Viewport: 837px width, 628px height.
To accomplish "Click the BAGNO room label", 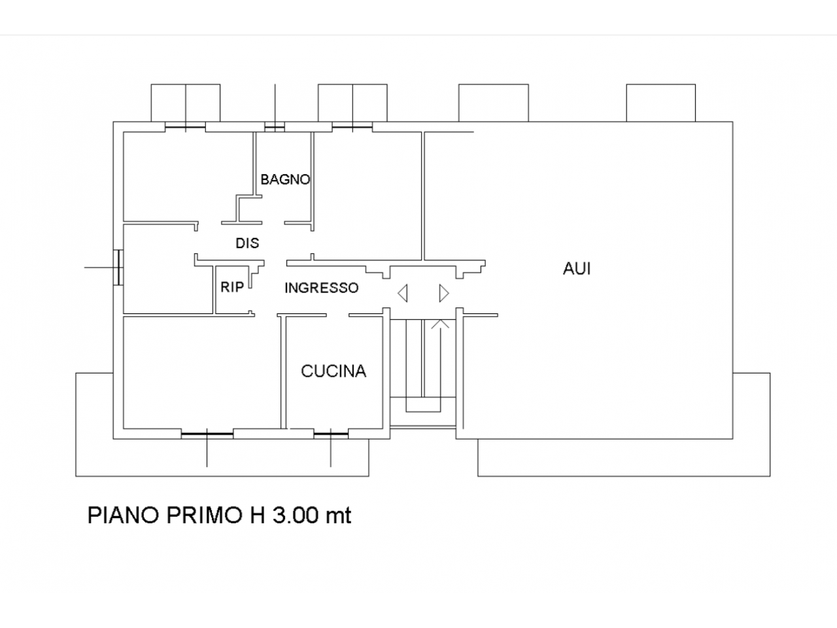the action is (285, 179).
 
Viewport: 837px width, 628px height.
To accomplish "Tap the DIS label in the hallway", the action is (247, 243).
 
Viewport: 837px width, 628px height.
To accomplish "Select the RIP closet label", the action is (232, 287).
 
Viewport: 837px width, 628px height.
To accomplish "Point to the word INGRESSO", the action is (322, 288).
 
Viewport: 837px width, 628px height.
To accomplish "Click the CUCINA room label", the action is (333, 371).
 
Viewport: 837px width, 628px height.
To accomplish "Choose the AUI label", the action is (577, 269).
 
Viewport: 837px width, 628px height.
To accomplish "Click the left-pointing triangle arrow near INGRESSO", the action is (403, 293).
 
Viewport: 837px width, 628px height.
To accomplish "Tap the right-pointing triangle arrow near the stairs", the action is (444, 293).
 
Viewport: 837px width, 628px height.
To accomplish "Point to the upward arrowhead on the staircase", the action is (441, 324).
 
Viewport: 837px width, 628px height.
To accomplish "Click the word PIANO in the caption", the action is (123, 515).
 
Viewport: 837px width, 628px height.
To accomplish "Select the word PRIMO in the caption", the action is (205, 515).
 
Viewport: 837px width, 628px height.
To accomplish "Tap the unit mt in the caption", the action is (338, 516).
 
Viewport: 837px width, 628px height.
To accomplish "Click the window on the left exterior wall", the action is (118, 268).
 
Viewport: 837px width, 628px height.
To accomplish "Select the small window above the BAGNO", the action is (275, 127).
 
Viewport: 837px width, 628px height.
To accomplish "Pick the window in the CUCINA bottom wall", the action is (331, 434).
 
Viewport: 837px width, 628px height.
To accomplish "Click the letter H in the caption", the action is (258, 515).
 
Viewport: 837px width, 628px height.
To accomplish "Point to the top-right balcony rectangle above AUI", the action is (661, 103).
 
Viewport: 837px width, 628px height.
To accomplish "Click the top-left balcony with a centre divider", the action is (186, 103).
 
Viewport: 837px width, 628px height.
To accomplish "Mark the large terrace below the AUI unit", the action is (624, 457).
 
